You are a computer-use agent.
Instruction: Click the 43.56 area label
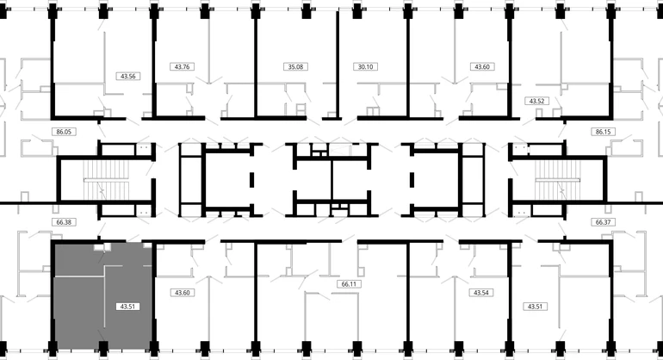pyautogui.click(x=127, y=76)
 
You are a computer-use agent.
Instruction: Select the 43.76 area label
pyautogui.click(x=182, y=66)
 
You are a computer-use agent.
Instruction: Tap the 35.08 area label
pyautogui.click(x=295, y=66)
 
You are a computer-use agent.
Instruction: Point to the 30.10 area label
pyautogui.click(x=365, y=66)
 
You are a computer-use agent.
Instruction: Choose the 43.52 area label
pyautogui.click(x=536, y=101)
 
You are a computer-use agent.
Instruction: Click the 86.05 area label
pyautogui.click(x=64, y=132)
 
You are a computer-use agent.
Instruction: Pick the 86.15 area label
pyautogui.click(x=603, y=132)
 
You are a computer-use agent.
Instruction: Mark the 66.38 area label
pyautogui.click(x=64, y=222)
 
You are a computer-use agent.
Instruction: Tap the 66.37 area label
pyautogui.click(x=603, y=222)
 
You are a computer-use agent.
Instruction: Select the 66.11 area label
pyautogui.click(x=349, y=284)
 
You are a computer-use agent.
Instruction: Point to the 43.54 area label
pyautogui.click(x=481, y=293)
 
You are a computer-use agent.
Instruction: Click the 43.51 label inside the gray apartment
pyautogui.click(x=127, y=307)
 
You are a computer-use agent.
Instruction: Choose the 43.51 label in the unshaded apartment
pyautogui.click(x=535, y=307)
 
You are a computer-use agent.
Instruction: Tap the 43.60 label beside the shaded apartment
pyautogui.click(x=182, y=293)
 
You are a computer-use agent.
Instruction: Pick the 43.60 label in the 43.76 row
pyautogui.click(x=482, y=66)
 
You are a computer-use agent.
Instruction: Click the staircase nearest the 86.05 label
pyautogui.click(x=106, y=180)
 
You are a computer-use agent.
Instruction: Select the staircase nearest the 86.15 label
pyautogui.click(x=557, y=180)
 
